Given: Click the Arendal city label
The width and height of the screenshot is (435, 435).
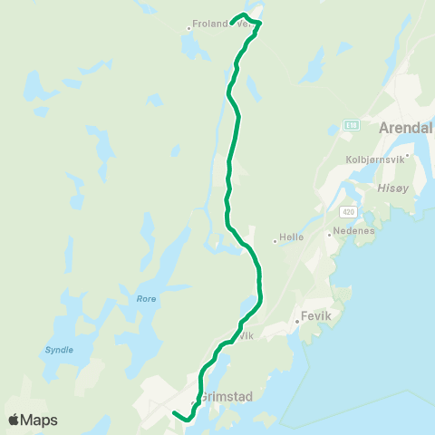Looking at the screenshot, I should click(x=408, y=127).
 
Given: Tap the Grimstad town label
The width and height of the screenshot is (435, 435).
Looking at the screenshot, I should click(x=224, y=396).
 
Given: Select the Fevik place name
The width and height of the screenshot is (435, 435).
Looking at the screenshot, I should click(x=314, y=319).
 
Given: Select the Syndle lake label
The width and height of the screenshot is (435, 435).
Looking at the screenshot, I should click(x=59, y=349).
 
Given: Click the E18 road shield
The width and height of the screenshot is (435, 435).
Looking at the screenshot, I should click(x=352, y=125).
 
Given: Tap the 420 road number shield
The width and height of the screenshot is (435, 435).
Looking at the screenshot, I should click(x=348, y=211).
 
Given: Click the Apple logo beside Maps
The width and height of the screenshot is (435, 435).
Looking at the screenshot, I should click(x=14, y=420).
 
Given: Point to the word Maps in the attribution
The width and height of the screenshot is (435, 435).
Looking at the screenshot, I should click(x=39, y=420).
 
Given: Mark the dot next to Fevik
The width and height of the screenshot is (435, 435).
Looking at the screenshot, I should click(x=296, y=320).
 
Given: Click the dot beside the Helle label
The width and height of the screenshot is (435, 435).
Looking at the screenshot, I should click(x=275, y=241).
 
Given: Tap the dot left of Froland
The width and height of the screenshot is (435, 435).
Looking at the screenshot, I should click(x=188, y=27).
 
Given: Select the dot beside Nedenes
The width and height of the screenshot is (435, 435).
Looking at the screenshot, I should click(x=330, y=234).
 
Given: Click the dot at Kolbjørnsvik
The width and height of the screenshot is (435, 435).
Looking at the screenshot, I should click(x=408, y=155).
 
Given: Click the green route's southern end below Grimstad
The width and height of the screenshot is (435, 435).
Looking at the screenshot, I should click(x=174, y=413).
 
